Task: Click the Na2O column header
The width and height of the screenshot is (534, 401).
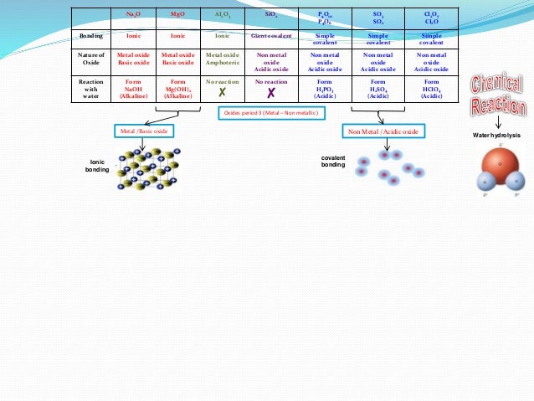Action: pyautogui.click(x=133, y=15)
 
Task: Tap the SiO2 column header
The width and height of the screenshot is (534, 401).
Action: pyautogui.click(x=270, y=15)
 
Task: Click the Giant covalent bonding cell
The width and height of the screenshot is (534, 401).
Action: pyautogui.click(x=270, y=37)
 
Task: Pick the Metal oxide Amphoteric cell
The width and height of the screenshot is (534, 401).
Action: pyautogui.click(x=222, y=60)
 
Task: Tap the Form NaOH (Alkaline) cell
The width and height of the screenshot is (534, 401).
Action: pyautogui.click(x=133, y=89)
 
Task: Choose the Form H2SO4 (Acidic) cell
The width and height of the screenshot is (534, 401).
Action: pyautogui.click(x=377, y=89)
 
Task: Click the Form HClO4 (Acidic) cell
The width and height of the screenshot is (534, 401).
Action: pyautogui.click(x=432, y=89)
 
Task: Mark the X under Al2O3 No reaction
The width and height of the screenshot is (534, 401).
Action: pyautogui.click(x=222, y=94)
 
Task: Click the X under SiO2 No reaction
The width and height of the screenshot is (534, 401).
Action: pyautogui.click(x=270, y=94)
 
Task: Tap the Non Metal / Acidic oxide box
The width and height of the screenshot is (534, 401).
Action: pyautogui.click(x=384, y=131)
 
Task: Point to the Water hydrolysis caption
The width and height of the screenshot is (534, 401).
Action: pyautogui.click(x=498, y=134)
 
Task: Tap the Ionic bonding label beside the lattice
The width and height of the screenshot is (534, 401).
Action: pyautogui.click(x=98, y=165)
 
